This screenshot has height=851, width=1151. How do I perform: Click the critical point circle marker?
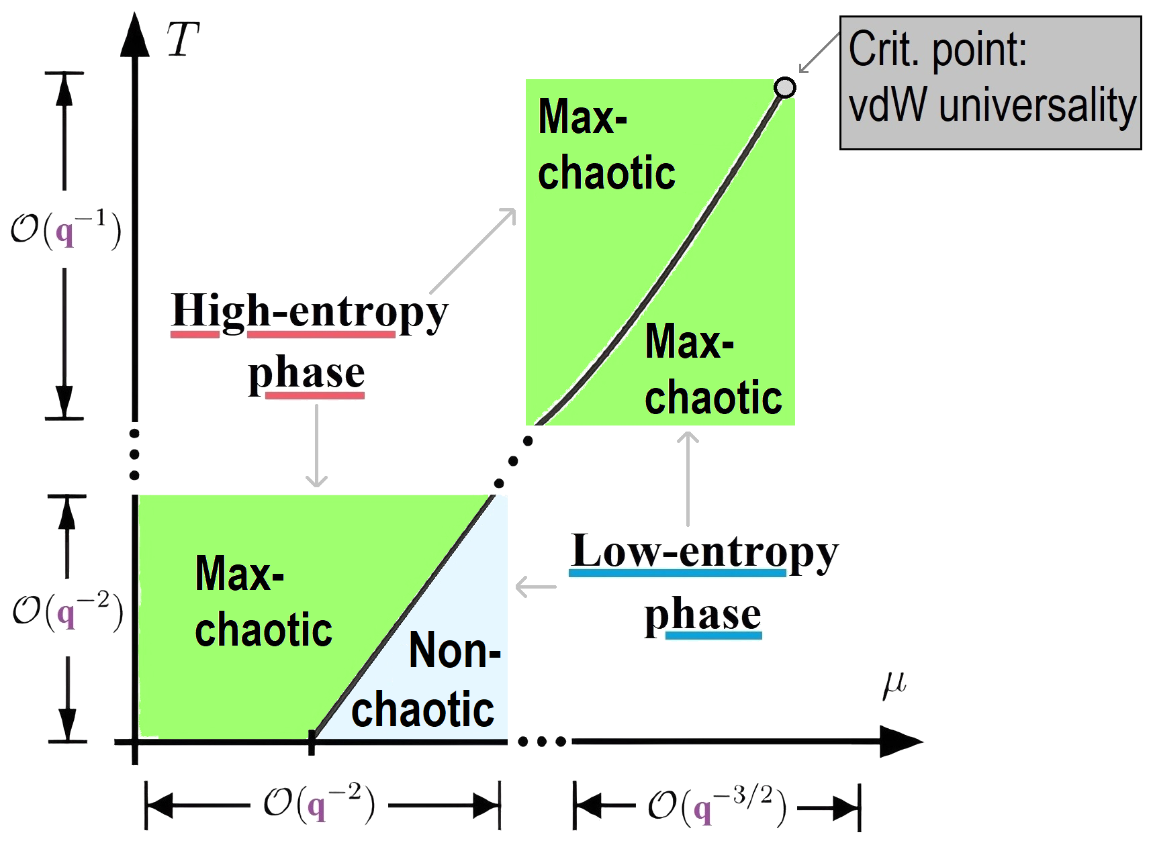(784, 87)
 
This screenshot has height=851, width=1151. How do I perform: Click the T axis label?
(183, 40)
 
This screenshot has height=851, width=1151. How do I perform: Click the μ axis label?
(894, 685)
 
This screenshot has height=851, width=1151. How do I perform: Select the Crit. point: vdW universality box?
(991, 83)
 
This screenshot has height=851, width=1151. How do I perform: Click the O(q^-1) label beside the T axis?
(66, 230)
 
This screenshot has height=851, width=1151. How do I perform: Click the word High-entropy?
(310, 312)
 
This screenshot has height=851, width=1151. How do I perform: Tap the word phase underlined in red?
(306, 373)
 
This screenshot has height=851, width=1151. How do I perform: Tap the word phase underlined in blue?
(702, 615)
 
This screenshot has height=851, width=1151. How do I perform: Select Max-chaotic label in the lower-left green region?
(263, 601)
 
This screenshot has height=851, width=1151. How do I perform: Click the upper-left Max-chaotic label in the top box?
(606, 144)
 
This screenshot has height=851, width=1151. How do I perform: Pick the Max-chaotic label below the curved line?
(713, 369)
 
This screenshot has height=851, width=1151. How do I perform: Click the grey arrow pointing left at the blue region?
(535, 587)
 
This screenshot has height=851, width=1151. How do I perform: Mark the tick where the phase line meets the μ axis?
(311, 742)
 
